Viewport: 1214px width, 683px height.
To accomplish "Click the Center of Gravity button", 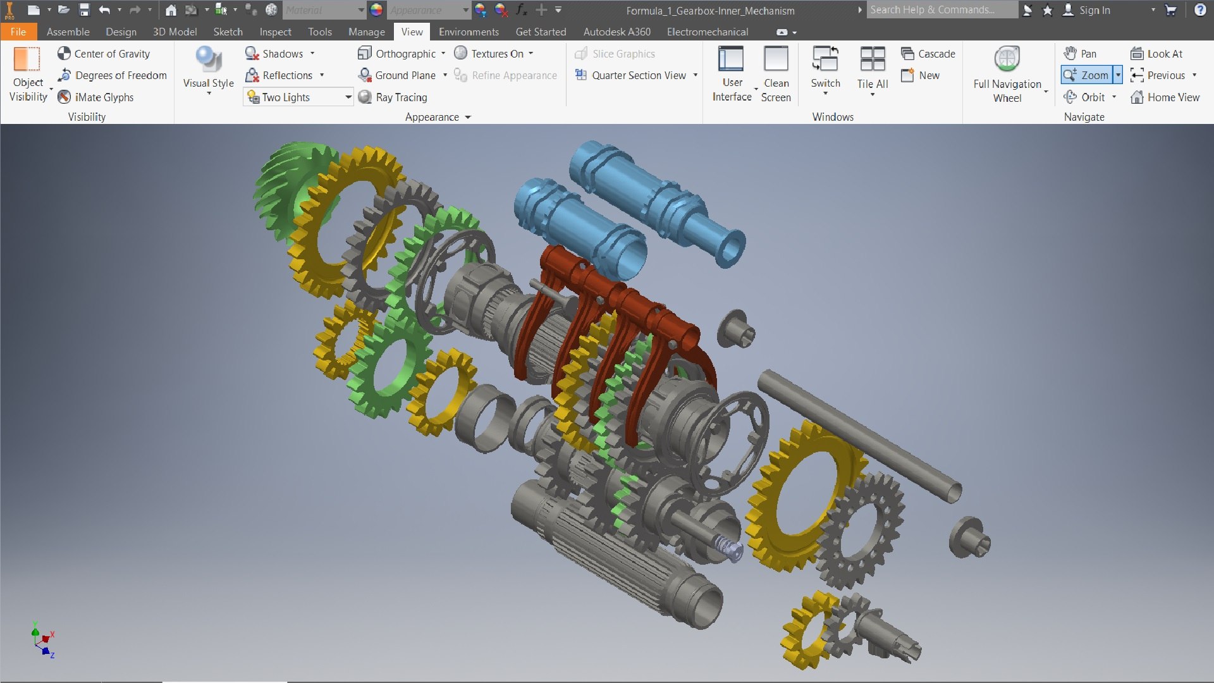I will coord(104,54).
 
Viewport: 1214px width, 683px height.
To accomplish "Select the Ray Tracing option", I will coord(393,97).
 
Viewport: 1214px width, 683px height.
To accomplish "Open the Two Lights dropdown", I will coord(348,97).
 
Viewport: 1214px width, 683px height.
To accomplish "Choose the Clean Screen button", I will coord(776,73).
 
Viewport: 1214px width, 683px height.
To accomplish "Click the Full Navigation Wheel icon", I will coord(1007,60).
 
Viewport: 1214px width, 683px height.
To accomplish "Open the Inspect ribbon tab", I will coord(275,32).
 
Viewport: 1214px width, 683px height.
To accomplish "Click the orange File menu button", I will coord(18,32).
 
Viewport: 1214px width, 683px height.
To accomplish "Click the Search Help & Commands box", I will coord(941,10).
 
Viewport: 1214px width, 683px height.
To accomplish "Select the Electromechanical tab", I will coord(707,32).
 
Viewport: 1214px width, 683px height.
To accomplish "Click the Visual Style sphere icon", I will coord(208,60).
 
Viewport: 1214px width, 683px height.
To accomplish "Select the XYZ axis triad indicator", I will coord(43,640).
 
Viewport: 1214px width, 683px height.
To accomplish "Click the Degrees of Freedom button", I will coord(113,75).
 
